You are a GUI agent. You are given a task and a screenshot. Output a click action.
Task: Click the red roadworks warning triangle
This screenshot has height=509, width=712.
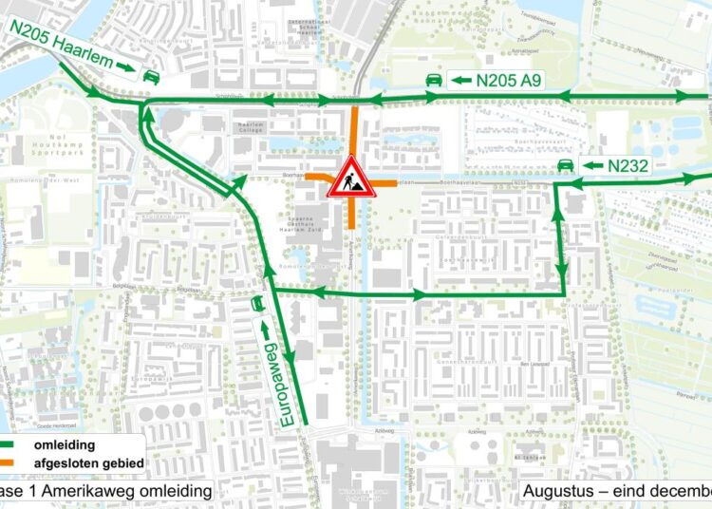click(352, 178)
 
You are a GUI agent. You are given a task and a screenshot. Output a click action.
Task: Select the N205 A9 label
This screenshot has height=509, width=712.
click(509, 81)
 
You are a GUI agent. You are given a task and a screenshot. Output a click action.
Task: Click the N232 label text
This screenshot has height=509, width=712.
click(628, 166)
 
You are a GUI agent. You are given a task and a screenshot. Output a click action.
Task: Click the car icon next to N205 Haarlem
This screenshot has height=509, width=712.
click(150, 76)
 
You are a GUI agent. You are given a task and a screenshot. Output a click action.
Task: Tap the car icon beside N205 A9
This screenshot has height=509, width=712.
click(432, 80)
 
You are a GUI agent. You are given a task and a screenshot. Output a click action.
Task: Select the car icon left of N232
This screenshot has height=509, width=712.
click(564, 166)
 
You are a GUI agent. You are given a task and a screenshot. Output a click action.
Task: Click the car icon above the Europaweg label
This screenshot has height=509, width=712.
click(256, 303)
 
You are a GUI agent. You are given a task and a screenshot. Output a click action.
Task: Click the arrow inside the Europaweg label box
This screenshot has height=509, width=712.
click(265, 330)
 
